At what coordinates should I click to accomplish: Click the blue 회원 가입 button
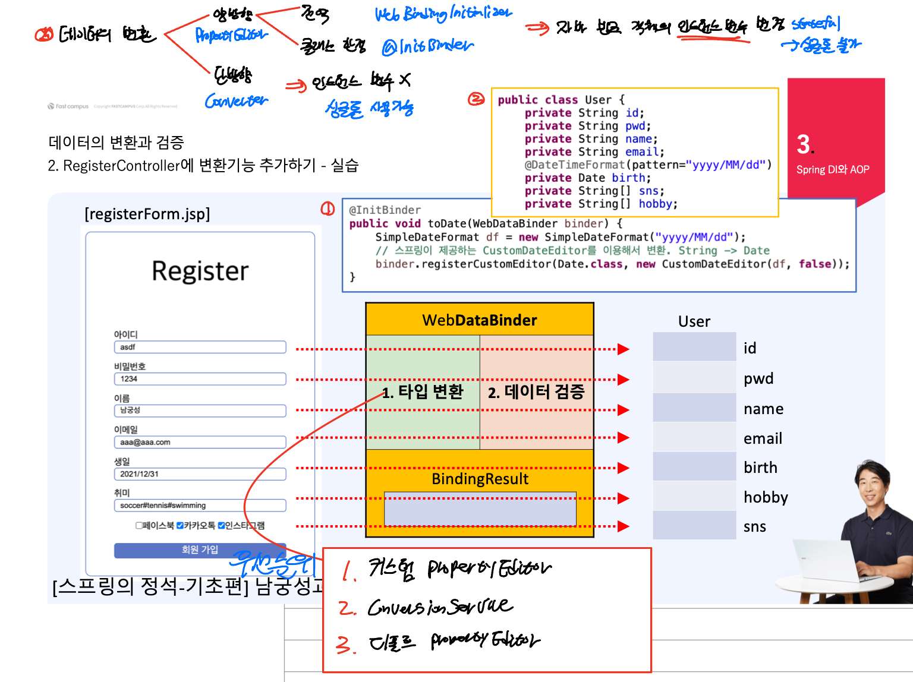click(200, 550)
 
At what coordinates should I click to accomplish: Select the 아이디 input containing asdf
click(200, 347)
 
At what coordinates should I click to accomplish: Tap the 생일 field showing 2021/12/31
click(200, 474)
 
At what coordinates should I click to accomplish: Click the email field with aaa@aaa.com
click(200, 442)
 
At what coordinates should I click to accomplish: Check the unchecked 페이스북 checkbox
click(139, 525)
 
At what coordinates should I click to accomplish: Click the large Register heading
click(200, 271)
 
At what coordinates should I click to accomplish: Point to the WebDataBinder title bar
click(479, 320)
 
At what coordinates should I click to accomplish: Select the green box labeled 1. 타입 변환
click(423, 391)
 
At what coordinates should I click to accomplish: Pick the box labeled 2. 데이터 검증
click(536, 391)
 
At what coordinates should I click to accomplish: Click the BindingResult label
click(480, 479)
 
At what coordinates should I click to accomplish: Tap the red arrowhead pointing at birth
click(623, 468)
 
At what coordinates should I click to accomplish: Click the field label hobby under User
click(766, 497)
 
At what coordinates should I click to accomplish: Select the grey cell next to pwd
click(694, 378)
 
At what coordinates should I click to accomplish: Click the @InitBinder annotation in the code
click(385, 210)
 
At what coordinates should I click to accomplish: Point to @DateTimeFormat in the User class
click(574, 165)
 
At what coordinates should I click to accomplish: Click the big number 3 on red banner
click(804, 144)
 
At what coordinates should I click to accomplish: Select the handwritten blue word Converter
click(236, 102)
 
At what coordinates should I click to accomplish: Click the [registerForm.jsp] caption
click(147, 214)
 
